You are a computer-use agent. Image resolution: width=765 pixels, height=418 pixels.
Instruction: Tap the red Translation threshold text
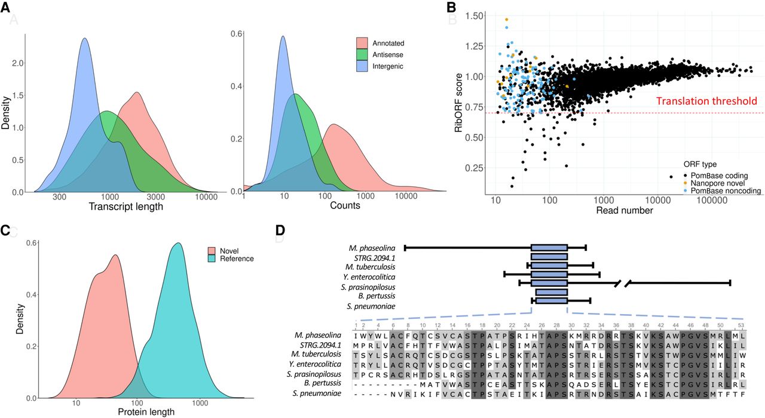[706, 102]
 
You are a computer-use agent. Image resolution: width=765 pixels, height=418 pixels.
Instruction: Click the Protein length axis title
[146, 411]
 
